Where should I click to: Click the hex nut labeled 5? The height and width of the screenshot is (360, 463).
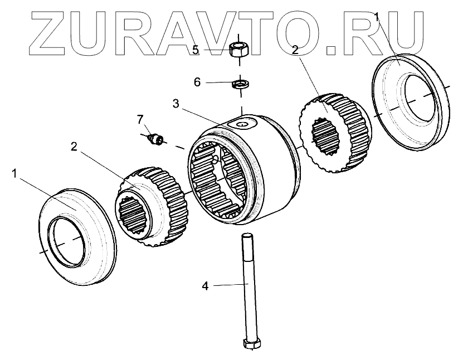click(239, 49)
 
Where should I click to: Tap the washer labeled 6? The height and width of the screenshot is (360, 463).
click(240, 84)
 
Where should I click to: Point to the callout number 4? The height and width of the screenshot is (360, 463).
click(204, 286)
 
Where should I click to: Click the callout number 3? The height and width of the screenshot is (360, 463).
click(176, 104)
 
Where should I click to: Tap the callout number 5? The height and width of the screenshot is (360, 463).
click(196, 50)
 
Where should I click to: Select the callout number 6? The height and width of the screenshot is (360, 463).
click(197, 82)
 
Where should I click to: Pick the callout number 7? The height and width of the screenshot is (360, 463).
click(140, 119)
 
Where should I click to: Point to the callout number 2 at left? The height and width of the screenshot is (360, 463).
click(74, 147)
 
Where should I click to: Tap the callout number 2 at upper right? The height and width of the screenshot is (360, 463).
click(295, 50)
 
